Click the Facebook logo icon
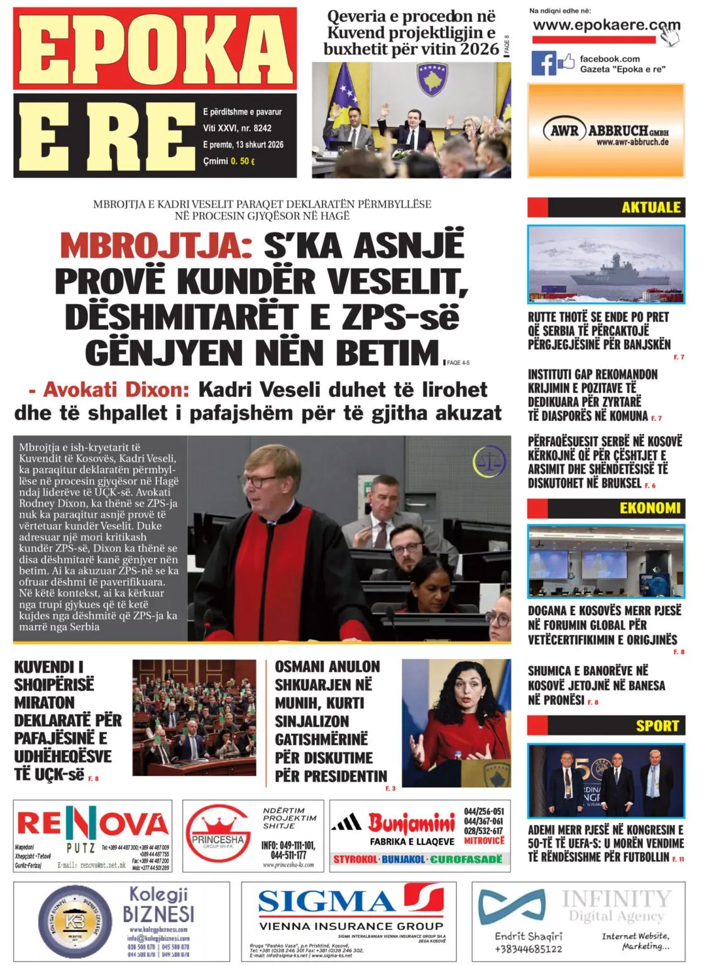544,63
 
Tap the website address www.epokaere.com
605,26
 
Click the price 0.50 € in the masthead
243,161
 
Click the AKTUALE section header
651,207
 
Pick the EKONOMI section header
650,508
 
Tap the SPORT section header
657,726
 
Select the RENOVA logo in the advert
92,824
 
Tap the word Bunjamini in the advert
412,822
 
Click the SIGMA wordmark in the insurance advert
327,902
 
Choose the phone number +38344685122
528,949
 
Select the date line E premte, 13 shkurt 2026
243,144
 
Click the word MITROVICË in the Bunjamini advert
485,841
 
